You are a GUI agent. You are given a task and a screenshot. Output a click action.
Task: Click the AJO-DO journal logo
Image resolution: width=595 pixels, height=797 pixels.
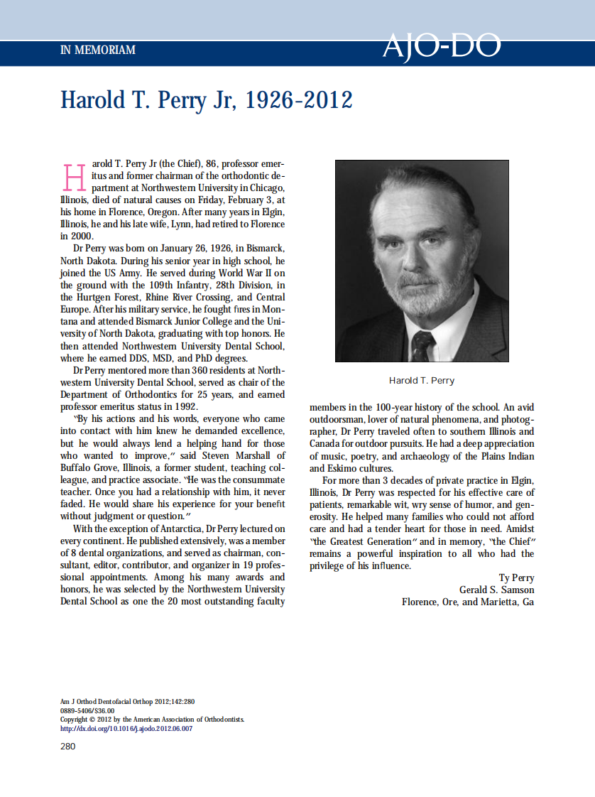coord(441,47)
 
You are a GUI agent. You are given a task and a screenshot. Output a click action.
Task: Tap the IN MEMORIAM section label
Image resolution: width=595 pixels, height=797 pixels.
coord(97,50)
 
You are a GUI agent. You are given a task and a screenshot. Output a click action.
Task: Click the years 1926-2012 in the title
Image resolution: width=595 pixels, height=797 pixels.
coord(298,100)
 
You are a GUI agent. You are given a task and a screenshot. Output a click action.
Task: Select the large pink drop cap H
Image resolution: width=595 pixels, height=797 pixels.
coord(75,178)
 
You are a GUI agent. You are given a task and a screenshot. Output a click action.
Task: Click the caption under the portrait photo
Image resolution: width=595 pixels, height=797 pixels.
coord(422,381)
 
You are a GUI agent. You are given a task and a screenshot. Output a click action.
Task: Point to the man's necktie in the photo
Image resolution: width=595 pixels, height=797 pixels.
coord(423,345)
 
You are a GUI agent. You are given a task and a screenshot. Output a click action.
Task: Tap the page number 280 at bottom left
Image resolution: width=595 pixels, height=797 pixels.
coord(67,746)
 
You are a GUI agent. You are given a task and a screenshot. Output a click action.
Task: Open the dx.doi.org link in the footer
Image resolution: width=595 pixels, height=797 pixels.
coord(126,728)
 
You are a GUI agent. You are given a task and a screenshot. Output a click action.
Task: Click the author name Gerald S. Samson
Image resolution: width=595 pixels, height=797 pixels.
coord(497,590)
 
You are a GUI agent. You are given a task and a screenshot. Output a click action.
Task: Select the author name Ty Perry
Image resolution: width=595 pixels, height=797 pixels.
coord(517,578)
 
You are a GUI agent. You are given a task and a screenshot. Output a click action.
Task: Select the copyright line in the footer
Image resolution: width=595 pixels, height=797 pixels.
coord(153,719)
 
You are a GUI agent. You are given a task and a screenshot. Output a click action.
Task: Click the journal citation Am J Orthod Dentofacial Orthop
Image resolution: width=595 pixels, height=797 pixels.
coord(114,701)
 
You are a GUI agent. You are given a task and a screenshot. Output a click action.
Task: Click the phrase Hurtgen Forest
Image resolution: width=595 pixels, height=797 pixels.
coord(106,297)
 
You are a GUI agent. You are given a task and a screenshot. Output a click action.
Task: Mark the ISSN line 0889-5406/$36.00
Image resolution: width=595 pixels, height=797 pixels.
coord(87,710)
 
